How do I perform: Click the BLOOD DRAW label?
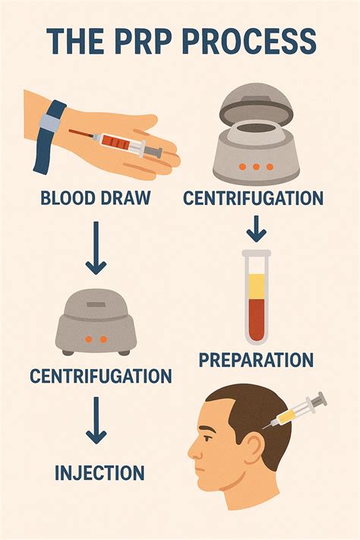click(95, 199)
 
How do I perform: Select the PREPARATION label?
click(256, 359)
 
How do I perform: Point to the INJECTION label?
click(99, 472)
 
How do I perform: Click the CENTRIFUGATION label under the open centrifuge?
click(254, 199)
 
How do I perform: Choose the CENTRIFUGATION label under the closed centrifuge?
click(100, 375)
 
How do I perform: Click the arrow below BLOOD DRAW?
click(96, 248)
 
